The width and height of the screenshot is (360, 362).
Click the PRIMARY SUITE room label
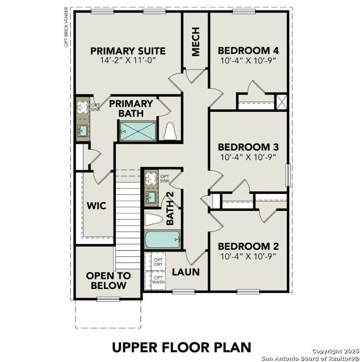click(128, 51)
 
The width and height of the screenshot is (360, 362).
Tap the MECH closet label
click(196, 42)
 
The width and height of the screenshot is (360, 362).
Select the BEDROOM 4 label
click(248, 51)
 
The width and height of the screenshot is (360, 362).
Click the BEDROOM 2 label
click(248, 247)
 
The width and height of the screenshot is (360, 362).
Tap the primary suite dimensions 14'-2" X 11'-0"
click(128, 60)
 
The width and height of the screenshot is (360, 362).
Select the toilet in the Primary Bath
click(170, 131)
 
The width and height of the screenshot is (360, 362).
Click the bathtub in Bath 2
click(162, 239)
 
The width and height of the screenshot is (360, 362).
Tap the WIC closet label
click(96, 206)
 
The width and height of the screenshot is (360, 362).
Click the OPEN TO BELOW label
click(108, 281)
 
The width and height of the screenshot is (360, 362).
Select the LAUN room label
click(186, 272)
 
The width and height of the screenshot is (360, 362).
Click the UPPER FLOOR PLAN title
click(181, 347)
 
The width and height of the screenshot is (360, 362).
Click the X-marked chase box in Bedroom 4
click(282, 101)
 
